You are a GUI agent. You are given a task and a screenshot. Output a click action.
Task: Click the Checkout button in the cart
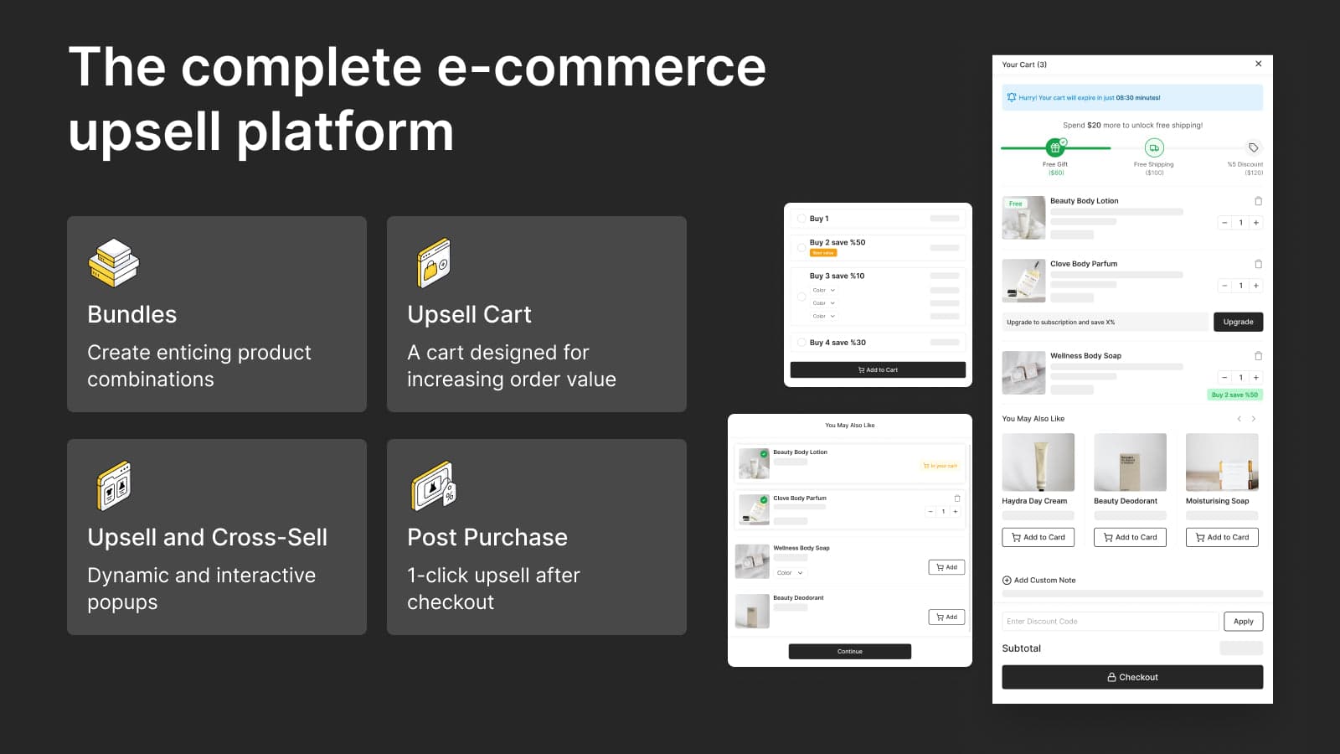coord(1132,677)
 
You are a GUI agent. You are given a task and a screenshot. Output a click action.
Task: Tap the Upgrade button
coord(1238,322)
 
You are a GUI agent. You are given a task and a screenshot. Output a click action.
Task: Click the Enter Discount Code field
coord(1110,622)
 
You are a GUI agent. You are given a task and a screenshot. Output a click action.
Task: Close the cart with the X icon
coord(1258,64)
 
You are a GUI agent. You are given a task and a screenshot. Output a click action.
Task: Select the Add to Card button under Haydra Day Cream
coord(1038,537)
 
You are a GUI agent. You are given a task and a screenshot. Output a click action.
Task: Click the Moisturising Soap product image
coord(1222,462)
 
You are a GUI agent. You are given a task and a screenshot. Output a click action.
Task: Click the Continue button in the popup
coord(849,651)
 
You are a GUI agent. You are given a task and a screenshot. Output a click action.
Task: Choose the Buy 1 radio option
coord(801,219)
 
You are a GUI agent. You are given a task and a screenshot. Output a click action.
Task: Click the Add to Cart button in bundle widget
coord(878,369)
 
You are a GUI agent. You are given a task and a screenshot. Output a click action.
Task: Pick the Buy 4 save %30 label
coord(837,343)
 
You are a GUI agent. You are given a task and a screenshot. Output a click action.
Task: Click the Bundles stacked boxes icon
coord(114,262)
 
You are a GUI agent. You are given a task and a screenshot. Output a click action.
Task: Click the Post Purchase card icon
coord(434,486)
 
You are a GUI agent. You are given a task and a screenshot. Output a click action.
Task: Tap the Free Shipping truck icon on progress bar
coord(1154,148)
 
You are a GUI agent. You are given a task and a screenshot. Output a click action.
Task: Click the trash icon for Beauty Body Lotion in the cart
coord(1258,201)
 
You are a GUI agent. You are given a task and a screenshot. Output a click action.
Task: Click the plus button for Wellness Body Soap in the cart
coord(1255,377)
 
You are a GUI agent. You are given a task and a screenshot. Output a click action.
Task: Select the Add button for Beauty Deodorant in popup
coord(946,617)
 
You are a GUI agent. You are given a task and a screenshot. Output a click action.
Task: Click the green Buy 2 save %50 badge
coord(1234,395)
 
